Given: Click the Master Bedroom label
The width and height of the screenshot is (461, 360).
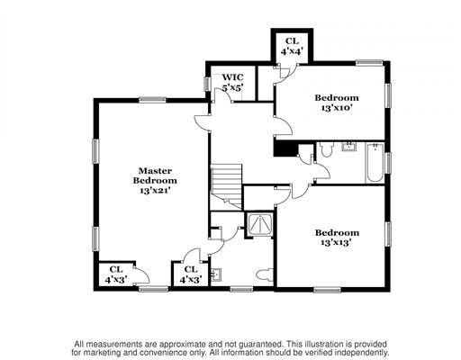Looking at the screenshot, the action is coord(155,175).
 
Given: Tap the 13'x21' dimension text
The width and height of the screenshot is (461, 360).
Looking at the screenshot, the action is coord(155,190).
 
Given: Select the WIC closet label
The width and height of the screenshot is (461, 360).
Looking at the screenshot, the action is coord(232,77).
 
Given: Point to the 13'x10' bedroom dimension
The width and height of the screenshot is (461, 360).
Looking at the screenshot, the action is coord(337,108).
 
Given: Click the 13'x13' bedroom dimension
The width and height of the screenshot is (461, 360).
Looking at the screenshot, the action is coord(337,242).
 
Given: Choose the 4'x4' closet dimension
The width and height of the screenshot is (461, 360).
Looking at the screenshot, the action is coord(292,51).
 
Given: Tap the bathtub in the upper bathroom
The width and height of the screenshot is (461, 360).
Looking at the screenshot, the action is coord(375,163).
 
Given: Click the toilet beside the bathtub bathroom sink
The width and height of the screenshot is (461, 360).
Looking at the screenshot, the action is coord(326,149).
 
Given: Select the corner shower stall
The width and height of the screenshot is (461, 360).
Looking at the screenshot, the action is coord(259,224).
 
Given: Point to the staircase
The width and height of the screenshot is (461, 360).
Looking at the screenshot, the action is coord(226,186).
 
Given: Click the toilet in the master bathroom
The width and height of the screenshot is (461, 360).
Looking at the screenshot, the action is coord(265,274).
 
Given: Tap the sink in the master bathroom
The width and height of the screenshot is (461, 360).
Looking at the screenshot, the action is coord(216,274).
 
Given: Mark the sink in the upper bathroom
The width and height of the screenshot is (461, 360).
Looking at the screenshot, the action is coord(348,147).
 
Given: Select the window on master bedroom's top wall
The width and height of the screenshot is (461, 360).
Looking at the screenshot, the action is coord(152,100).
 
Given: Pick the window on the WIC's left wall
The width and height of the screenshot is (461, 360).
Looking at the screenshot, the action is coord(207,84).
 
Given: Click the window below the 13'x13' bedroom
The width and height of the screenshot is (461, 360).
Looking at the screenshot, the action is coord(328,290).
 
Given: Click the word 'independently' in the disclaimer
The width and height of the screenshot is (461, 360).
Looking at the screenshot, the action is coord(363,352).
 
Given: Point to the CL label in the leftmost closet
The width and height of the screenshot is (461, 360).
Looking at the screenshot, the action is coord(116,269).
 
